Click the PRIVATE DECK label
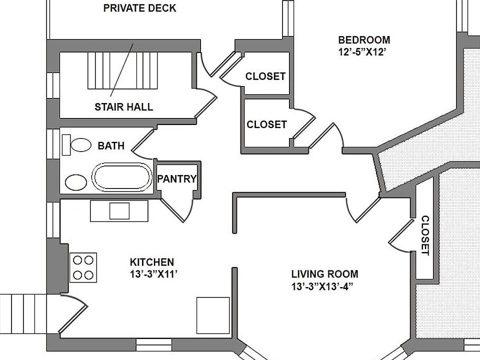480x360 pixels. [139, 8]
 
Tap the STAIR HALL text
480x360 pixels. [123, 106]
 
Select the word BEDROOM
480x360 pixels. [364, 40]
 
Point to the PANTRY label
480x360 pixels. [177, 179]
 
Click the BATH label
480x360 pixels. [111, 146]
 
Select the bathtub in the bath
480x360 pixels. [121, 177]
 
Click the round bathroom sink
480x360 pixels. [75, 182]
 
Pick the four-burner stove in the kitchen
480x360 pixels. [83, 267]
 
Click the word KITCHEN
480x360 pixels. [152, 262]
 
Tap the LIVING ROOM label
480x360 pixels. [324, 274]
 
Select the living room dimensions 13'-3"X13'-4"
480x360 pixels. [324, 286]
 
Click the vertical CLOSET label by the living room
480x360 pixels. [424, 235]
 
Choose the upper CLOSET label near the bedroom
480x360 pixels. [265, 76]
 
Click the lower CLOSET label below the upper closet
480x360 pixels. [266, 124]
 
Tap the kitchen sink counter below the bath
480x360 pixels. [119, 210]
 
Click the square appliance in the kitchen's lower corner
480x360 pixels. [212, 315]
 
